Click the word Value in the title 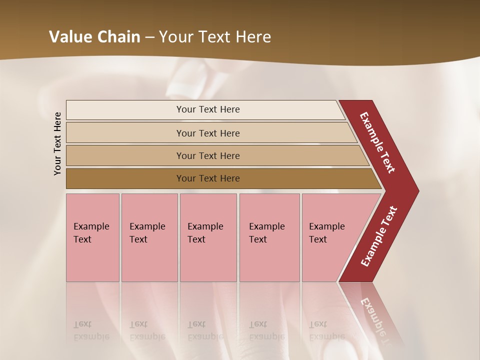point(69,37)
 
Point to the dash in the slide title point(149,37)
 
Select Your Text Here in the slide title point(215,37)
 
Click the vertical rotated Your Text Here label point(57,143)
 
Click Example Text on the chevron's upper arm point(377,143)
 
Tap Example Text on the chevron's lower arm point(378,236)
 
